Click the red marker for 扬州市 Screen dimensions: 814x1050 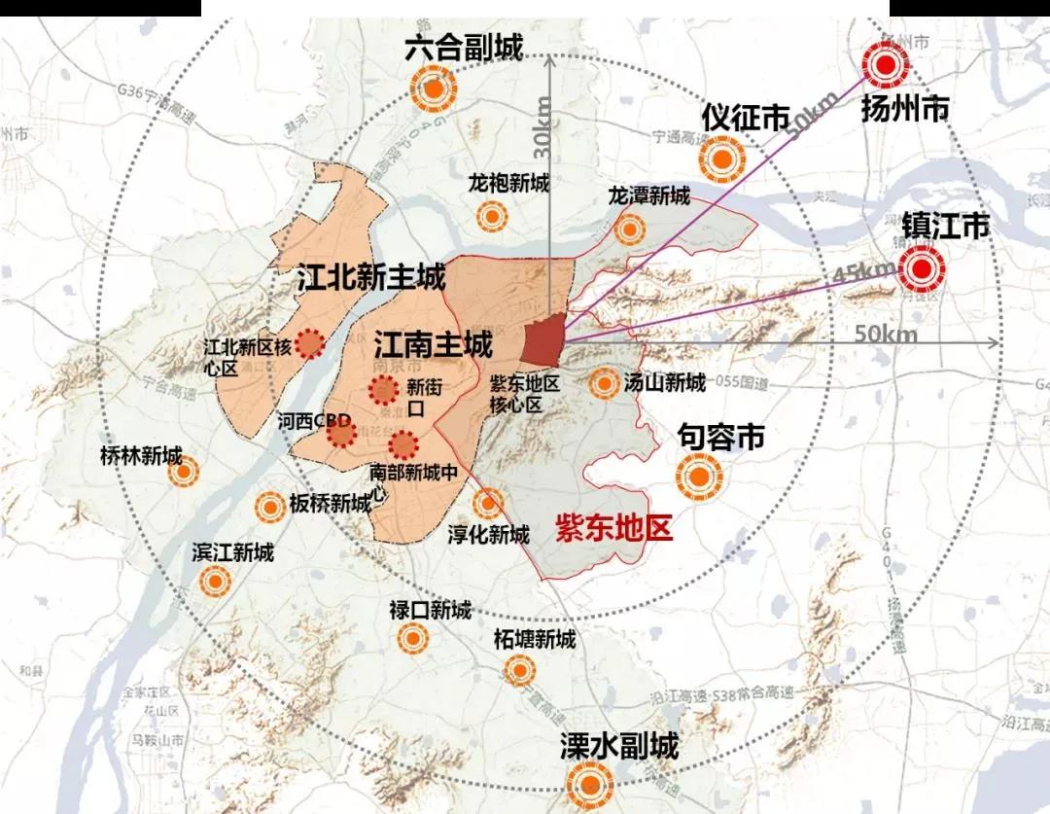[885, 66]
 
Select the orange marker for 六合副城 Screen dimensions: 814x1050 [434, 90]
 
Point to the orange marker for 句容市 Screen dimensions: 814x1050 [699, 478]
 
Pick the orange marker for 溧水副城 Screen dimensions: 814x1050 [590, 784]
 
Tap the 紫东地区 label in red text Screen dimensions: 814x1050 [613, 529]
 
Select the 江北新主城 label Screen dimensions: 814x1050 [370, 278]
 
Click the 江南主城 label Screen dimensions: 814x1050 [433, 343]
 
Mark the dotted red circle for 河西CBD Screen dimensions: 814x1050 [341, 433]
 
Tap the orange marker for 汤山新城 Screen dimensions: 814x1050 [606, 383]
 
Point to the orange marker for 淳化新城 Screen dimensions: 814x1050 [488, 503]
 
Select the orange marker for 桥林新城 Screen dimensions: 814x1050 [182, 473]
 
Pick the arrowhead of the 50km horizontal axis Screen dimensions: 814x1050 [995, 342]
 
